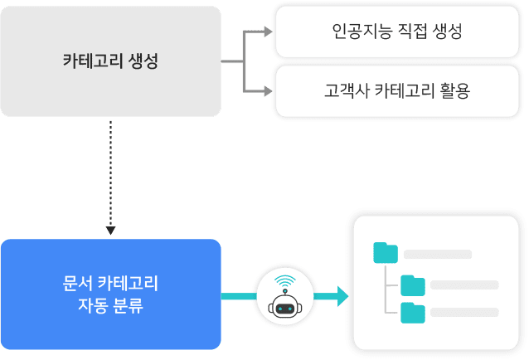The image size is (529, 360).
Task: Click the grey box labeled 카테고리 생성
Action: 110,61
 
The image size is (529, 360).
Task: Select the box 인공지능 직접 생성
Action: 397,32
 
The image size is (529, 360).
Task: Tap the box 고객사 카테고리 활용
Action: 397,90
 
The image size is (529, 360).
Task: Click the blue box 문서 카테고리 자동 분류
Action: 110,294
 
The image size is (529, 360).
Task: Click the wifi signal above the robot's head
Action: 284,280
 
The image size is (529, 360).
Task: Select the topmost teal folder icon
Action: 386,253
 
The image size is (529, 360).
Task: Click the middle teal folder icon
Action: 412,285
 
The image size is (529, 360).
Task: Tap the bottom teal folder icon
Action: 412,313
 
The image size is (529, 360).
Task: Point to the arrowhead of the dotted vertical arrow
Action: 110,229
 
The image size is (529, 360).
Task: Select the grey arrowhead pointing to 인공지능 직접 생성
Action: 267,32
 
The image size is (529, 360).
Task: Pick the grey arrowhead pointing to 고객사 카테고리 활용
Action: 267,90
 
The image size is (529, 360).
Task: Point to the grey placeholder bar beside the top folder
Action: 438,254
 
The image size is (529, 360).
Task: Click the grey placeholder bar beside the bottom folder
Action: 464,313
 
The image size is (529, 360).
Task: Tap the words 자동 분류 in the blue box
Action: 110,305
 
